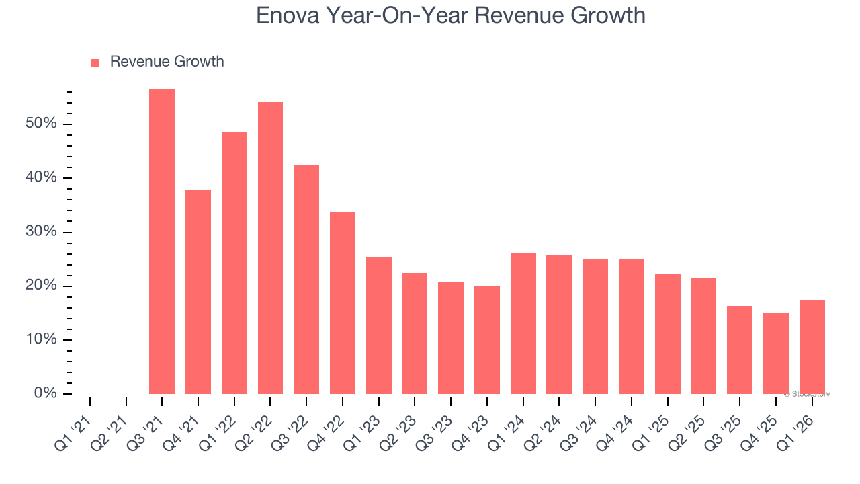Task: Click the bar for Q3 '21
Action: pos(162,242)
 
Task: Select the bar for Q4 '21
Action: pos(198,292)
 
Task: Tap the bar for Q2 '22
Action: pos(270,248)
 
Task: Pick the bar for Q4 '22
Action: pos(343,303)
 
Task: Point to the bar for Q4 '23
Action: pos(487,340)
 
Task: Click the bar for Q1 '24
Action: pos(523,323)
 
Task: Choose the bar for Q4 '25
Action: pos(776,354)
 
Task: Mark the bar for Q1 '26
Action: pos(812,347)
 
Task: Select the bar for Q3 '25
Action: pos(740,350)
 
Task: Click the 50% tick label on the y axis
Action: pos(41,124)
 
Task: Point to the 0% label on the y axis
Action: pos(45,393)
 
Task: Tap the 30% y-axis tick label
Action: pos(41,233)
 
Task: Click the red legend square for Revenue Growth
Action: pos(95,63)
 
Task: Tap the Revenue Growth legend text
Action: pos(167,62)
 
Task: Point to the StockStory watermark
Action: pos(807,394)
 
